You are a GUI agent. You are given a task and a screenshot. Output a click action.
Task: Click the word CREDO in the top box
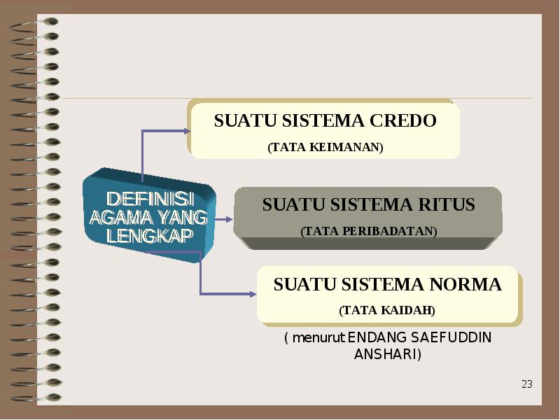point(403,120)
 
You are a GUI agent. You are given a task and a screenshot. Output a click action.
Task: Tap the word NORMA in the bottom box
point(465,284)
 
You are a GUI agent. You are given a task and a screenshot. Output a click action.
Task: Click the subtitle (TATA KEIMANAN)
point(325,147)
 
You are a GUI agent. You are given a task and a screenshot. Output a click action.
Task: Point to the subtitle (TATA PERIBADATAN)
point(369,232)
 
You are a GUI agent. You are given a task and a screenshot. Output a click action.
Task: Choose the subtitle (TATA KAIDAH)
point(387,310)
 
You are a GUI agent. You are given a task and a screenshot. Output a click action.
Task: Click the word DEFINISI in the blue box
point(150,199)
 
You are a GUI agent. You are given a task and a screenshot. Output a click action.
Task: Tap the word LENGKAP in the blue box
point(150,235)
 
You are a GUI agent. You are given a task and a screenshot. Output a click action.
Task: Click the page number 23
point(527,384)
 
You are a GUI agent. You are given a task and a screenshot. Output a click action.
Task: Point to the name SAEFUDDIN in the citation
point(451,337)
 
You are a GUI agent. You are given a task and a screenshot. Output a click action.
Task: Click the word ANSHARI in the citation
point(386,354)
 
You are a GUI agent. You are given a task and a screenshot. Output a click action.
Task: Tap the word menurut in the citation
point(318,337)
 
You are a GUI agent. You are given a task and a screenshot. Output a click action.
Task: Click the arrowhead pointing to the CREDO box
point(187,131)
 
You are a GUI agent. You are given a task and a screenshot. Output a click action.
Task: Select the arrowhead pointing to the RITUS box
point(230,219)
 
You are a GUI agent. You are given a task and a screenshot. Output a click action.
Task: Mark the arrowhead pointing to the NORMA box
point(253,294)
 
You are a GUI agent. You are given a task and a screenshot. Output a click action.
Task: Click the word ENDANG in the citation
point(377,337)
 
